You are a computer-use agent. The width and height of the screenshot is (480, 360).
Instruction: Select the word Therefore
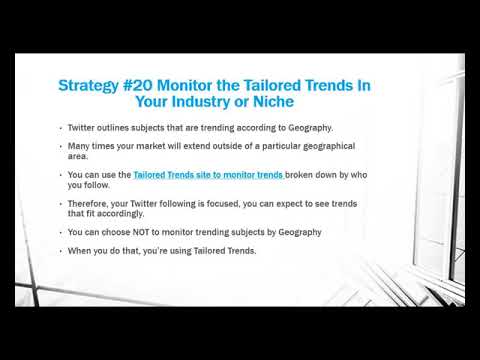[x=89, y=203]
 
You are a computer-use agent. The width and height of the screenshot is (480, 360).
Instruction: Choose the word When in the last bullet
[x=79, y=250]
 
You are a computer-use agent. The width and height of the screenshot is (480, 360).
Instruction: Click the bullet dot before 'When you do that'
[x=60, y=251]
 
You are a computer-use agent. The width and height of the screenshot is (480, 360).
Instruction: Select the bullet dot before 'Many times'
[x=60, y=147]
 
